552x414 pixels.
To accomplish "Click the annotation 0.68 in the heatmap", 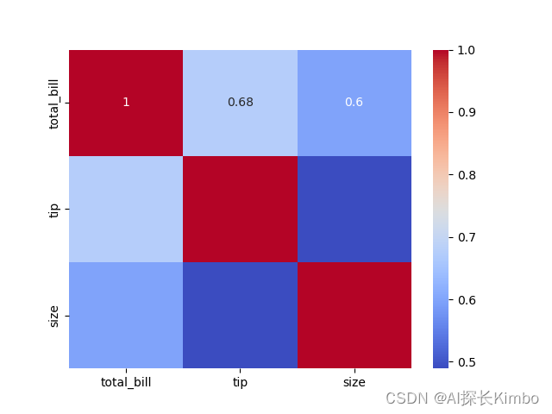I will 240,102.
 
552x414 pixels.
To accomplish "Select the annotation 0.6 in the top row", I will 354,102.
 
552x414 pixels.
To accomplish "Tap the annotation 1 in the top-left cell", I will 126,102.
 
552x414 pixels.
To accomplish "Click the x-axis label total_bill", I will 126,382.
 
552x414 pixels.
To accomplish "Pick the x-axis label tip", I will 240,382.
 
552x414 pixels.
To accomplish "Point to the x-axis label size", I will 354,382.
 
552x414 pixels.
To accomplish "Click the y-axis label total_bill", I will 54,103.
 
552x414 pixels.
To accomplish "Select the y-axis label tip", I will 54,209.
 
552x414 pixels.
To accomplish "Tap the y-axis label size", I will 54,315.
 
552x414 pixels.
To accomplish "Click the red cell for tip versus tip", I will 240,209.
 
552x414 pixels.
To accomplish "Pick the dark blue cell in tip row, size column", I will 354,209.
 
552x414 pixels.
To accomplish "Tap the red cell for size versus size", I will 354,315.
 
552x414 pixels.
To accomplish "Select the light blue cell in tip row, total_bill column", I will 126,209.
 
